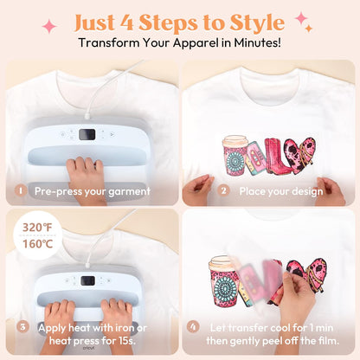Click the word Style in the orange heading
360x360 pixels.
(257, 23)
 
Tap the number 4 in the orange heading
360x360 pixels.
(126, 22)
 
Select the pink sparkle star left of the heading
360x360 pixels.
(49, 26)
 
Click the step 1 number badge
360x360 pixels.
(21, 190)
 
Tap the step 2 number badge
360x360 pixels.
(223, 190)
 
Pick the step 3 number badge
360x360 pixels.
(22, 327)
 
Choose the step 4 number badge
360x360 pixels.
(193, 327)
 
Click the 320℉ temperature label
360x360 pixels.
(37, 228)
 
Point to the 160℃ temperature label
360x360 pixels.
(37, 244)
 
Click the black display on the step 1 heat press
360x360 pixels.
(87, 134)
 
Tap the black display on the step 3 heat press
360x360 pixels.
(88, 280)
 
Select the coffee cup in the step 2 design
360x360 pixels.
(235, 156)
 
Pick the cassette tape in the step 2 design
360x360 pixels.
(255, 158)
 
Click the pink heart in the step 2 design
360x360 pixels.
(299, 153)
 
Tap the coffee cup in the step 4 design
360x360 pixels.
(222, 281)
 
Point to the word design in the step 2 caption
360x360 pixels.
(307, 191)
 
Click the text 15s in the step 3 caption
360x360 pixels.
(126, 341)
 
